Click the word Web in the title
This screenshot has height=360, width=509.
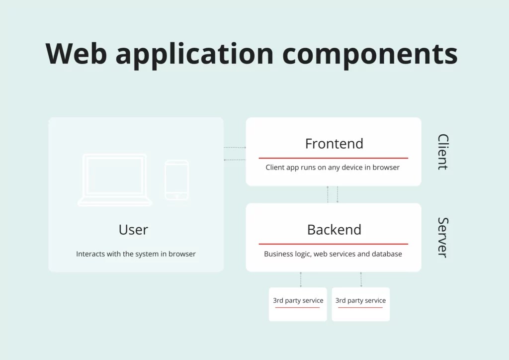pyautogui.click(x=76, y=53)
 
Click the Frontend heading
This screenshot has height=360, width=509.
pyautogui.click(x=334, y=144)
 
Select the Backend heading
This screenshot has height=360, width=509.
pyautogui.click(x=334, y=230)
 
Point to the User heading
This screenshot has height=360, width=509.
pyautogui.click(x=133, y=230)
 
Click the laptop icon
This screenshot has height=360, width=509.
pyautogui.click(x=115, y=180)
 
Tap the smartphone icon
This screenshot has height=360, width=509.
pyautogui.click(x=176, y=180)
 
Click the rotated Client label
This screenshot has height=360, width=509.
pyautogui.click(x=442, y=152)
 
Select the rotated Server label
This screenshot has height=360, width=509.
pyautogui.click(x=442, y=237)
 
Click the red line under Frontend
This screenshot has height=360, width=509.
pyautogui.click(x=333, y=158)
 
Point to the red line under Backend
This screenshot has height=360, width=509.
pyautogui.click(x=333, y=244)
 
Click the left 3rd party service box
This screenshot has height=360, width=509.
pyautogui.click(x=298, y=304)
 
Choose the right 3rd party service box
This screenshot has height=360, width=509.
pyautogui.click(x=360, y=304)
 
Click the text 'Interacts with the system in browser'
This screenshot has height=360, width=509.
pyautogui.click(x=136, y=254)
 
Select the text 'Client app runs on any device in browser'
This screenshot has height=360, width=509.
pyautogui.click(x=333, y=168)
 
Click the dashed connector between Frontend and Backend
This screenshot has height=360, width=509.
pyautogui.click(x=333, y=194)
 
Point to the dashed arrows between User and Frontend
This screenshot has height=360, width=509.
pyautogui.click(x=235, y=154)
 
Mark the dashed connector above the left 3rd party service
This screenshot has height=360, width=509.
pyautogui.click(x=301, y=279)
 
